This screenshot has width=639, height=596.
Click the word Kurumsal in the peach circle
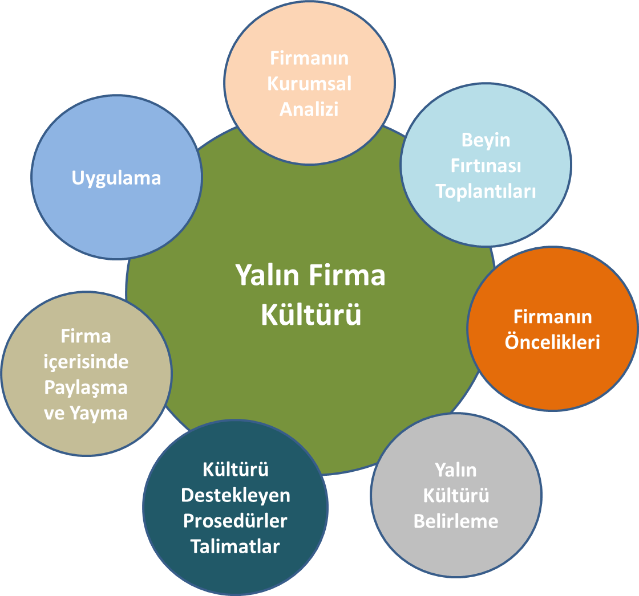pyautogui.click(x=309, y=84)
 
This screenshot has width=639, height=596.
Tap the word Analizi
pyautogui.click(x=309, y=109)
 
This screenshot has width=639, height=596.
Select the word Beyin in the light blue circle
pyautogui.click(x=486, y=140)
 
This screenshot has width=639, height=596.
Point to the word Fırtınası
pyautogui.click(x=486, y=166)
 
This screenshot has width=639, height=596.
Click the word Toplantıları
pyautogui.click(x=486, y=191)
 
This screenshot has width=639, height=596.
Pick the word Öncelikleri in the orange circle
pyautogui.click(x=552, y=342)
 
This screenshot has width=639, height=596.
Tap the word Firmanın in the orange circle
pyautogui.click(x=552, y=317)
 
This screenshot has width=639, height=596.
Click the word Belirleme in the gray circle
pyautogui.click(x=456, y=521)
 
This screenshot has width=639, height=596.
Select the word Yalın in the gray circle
pyautogui.click(x=456, y=470)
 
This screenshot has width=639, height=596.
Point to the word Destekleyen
pyautogui.click(x=236, y=495)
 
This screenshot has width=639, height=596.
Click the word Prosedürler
pyautogui.click(x=236, y=521)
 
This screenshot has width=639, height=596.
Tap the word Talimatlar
pyautogui.click(x=236, y=546)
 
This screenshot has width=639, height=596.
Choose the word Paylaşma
pyautogui.click(x=86, y=387)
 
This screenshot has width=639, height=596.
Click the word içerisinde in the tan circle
pyautogui.click(x=86, y=362)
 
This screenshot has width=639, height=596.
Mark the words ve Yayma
pyautogui.click(x=86, y=413)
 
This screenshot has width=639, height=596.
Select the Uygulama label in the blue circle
pyautogui.click(x=116, y=178)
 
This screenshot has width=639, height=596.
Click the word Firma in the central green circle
pyautogui.click(x=348, y=276)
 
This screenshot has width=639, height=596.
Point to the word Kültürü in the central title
pyautogui.click(x=311, y=315)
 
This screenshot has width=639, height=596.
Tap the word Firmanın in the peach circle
pyautogui.click(x=309, y=58)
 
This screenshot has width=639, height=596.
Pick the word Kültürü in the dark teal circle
pyautogui.click(x=236, y=470)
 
